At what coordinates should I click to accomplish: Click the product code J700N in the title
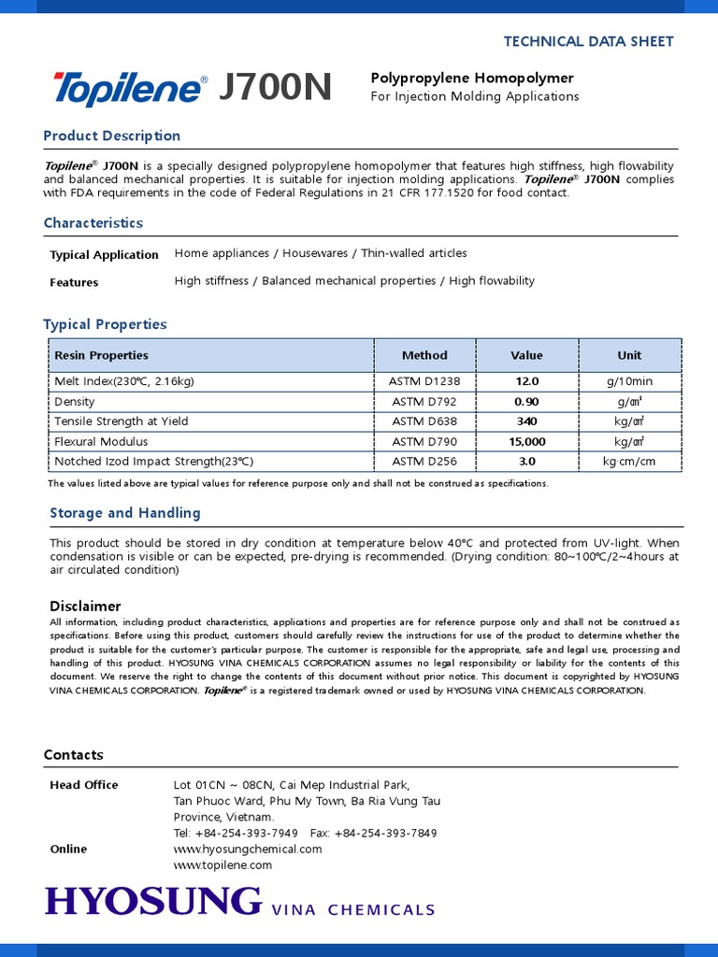(275, 88)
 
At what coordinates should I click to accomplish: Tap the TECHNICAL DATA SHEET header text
(588, 41)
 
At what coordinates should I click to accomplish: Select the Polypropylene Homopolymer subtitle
(472, 78)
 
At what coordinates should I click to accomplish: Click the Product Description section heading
(112, 136)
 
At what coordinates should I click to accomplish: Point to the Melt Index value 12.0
(526, 381)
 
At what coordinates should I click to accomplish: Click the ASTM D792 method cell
(425, 402)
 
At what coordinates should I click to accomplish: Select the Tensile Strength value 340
(526, 421)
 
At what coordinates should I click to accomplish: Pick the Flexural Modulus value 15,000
(526, 441)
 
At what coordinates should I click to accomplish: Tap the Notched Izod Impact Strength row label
(154, 462)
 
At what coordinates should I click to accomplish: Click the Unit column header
(629, 355)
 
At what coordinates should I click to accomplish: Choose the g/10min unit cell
(629, 381)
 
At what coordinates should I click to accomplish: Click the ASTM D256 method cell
(425, 462)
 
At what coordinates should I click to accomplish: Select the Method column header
(424, 355)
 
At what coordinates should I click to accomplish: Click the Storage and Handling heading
(124, 512)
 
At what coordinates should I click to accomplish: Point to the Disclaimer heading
(85, 606)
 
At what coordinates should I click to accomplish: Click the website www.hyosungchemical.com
(248, 849)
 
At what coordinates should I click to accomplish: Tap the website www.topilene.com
(223, 865)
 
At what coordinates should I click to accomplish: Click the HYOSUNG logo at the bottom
(153, 901)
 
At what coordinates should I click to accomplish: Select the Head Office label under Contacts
(84, 785)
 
